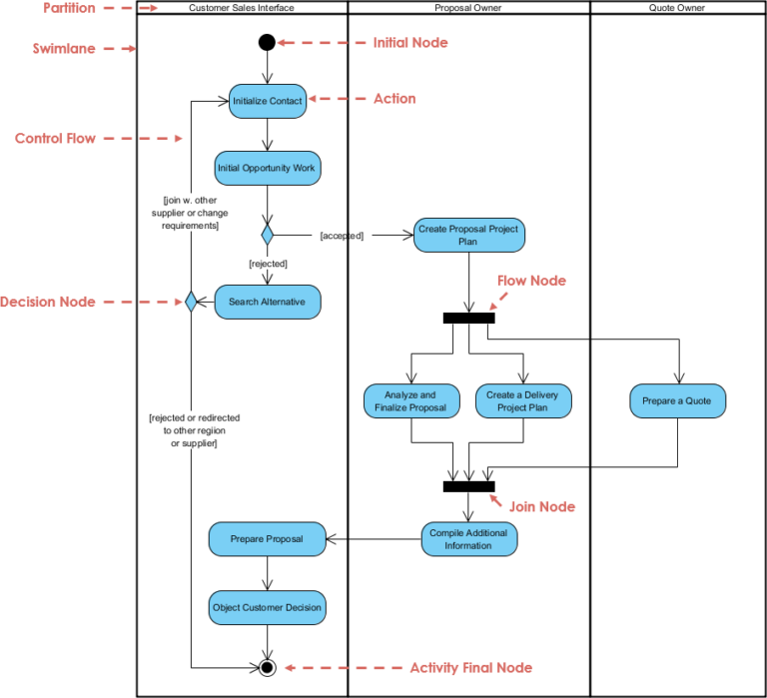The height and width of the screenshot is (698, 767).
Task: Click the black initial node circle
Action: [x=267, y=42]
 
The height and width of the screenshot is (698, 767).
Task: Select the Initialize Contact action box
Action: [x=267, y=101]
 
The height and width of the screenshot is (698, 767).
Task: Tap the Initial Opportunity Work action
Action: [x=267, y=168]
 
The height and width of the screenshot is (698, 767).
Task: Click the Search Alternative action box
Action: [x=268, y=302]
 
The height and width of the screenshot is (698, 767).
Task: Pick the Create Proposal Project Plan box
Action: [x=468, y=235]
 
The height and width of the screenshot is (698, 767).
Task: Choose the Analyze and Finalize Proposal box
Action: [x=410, y=401]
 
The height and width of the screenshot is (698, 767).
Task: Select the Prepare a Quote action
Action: [x=677, y=401]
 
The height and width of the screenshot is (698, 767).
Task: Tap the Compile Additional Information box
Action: [x=468, y=539]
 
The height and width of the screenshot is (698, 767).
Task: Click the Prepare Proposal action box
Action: [x=267, y=539]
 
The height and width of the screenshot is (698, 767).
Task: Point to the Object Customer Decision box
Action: [x=267, y=606]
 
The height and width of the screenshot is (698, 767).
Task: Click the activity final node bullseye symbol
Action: [x=267, y=667]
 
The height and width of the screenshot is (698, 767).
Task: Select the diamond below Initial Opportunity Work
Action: [x=267, y=235]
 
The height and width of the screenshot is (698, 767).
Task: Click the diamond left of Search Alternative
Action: [x=190, y=302]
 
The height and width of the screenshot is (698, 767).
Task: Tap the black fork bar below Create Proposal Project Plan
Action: [x=468, y=319]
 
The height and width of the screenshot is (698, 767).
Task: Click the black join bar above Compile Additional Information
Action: [x=468, y=486]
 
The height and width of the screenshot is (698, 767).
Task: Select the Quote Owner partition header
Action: [x=677, y=8]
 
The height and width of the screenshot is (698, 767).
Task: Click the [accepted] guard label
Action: [x=342, y=236]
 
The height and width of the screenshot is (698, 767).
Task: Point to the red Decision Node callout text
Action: [x=48, y=302]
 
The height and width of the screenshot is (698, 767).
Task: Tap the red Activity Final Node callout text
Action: [x=470, y=667]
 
